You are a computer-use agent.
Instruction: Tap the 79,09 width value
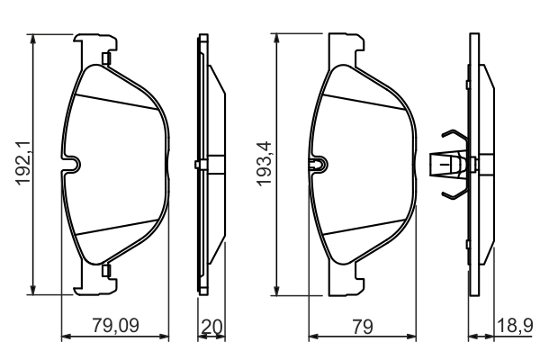pos(115,328)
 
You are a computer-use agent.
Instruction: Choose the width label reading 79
pos(363,328)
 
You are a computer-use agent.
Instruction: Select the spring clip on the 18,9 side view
pos(450,164)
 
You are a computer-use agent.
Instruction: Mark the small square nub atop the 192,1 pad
pos(106,60)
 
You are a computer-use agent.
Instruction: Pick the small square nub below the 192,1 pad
pos(106,269)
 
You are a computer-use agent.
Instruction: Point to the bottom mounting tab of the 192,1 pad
pos(97,283)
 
